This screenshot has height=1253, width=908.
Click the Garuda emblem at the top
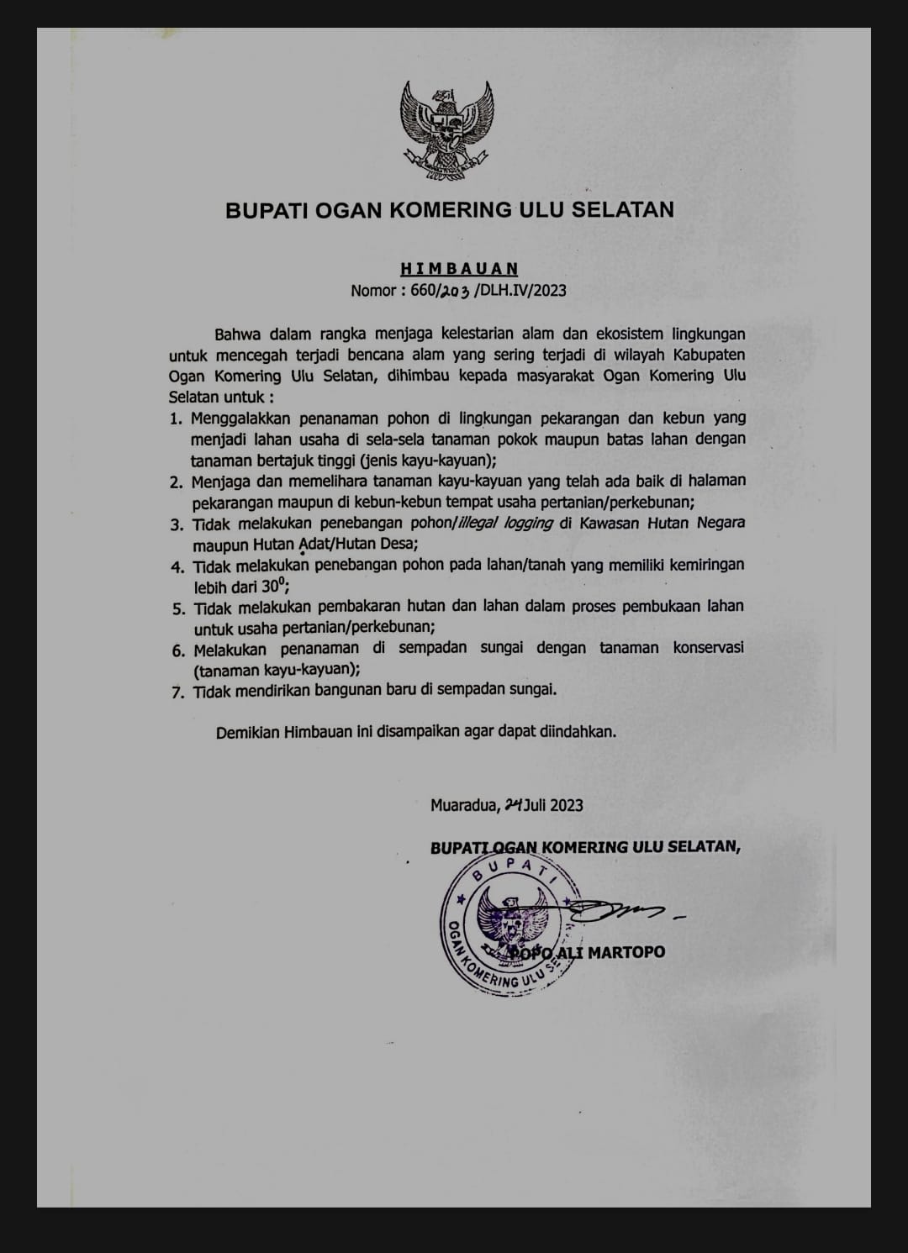pos(446,124)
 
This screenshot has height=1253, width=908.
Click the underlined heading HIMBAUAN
pos(459,269)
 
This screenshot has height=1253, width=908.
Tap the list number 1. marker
pos(176,418)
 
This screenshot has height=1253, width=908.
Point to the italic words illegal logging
pos(504,523)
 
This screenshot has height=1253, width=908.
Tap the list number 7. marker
pos(177,692)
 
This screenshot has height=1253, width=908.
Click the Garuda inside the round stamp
pos(503,920)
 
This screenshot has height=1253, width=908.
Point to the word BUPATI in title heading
pos(266,209)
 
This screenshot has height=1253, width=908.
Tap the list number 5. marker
pos(177,608)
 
